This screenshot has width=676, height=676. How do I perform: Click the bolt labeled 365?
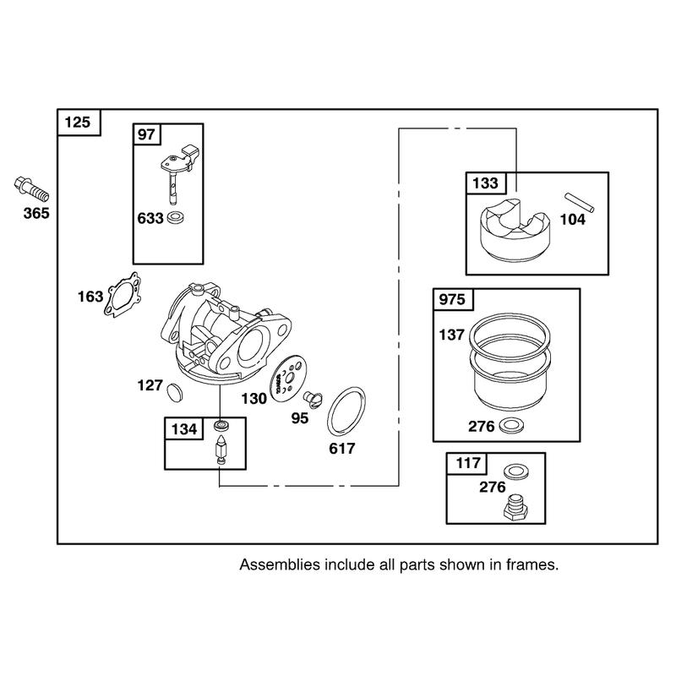coord(31,189)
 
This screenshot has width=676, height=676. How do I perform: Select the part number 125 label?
coord(78,123)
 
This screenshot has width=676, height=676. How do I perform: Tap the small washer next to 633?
coord(176,218)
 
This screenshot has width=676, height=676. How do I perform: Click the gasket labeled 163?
coord(123,295)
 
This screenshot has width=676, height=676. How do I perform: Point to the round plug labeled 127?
coord(175,392)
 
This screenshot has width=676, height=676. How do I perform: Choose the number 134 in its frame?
coord(184,429)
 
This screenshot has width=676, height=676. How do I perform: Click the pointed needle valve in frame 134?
coord(221,450)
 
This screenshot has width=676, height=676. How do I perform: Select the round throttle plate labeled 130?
coord(286,375)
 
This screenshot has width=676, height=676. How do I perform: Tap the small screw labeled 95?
coord(313,400)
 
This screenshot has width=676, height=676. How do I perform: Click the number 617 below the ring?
coord(342,449)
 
